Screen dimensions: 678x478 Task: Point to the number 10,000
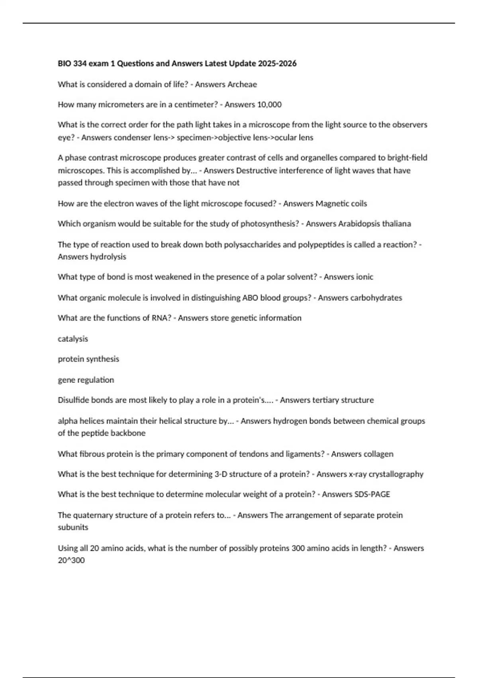[x=269, y=104]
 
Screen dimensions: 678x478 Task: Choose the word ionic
[x=364, y=277]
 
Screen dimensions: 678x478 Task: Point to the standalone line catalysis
[x=73, y=339]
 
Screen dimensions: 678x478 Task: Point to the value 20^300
[x=71, y=560]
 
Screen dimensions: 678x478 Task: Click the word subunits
[x=73, y=527]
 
